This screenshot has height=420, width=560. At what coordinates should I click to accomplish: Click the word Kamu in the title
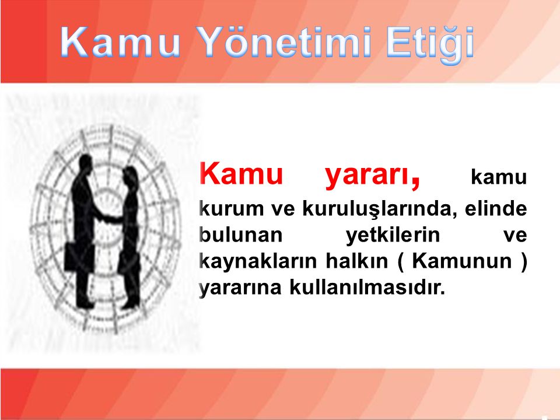[120, 41]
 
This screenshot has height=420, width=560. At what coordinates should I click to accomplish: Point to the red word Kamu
[242, 173]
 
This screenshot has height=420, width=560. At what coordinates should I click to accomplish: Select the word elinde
[496, 208]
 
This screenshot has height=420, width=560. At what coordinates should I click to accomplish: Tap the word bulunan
[241, 235]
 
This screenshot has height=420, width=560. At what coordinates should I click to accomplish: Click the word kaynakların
[258, 262]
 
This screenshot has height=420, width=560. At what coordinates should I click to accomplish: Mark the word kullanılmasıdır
[367, 287]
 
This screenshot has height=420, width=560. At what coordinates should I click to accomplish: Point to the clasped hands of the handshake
[106, 217]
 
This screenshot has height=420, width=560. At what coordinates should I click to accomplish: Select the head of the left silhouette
[85, 163]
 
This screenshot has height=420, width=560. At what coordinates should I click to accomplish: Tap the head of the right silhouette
[128, 175]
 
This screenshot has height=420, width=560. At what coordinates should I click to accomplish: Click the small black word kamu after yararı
[499, 177]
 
